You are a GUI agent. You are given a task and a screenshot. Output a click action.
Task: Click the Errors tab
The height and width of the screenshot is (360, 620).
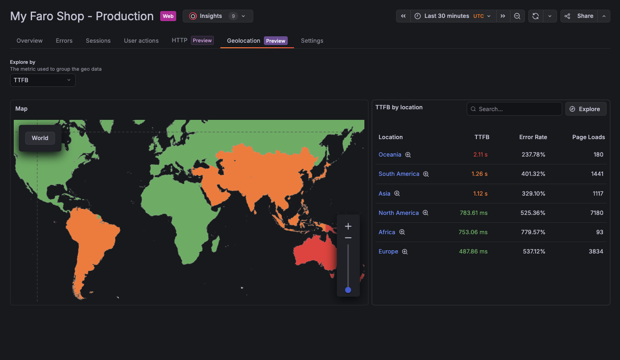(64, 40)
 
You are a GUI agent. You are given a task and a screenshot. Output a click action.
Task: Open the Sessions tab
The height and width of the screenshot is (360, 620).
(98, 40)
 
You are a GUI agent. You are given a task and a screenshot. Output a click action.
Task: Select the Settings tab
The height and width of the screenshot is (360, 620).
(312, 40)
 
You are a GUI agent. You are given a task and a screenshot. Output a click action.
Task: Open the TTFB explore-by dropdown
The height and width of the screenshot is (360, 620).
(43, 80)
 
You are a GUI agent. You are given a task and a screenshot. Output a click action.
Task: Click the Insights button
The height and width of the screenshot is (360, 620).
(218, 16)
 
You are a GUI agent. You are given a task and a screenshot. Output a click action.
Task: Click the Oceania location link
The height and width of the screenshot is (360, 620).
(390, 155)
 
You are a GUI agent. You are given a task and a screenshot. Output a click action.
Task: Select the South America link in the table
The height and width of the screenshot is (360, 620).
(399, 174)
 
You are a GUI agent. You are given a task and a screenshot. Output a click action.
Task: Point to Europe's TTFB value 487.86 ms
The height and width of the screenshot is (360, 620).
(473, 252)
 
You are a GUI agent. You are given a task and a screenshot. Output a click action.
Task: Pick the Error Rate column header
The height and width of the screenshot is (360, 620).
(533, 137)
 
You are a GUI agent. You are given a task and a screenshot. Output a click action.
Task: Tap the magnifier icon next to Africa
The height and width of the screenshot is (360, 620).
(402, 232)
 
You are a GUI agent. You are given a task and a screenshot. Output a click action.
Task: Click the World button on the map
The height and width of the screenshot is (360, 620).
(40, 138)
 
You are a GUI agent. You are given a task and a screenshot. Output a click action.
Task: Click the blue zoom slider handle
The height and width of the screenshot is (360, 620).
(348, 290)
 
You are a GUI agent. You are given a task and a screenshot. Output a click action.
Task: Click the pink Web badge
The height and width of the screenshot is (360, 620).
(168, 16)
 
